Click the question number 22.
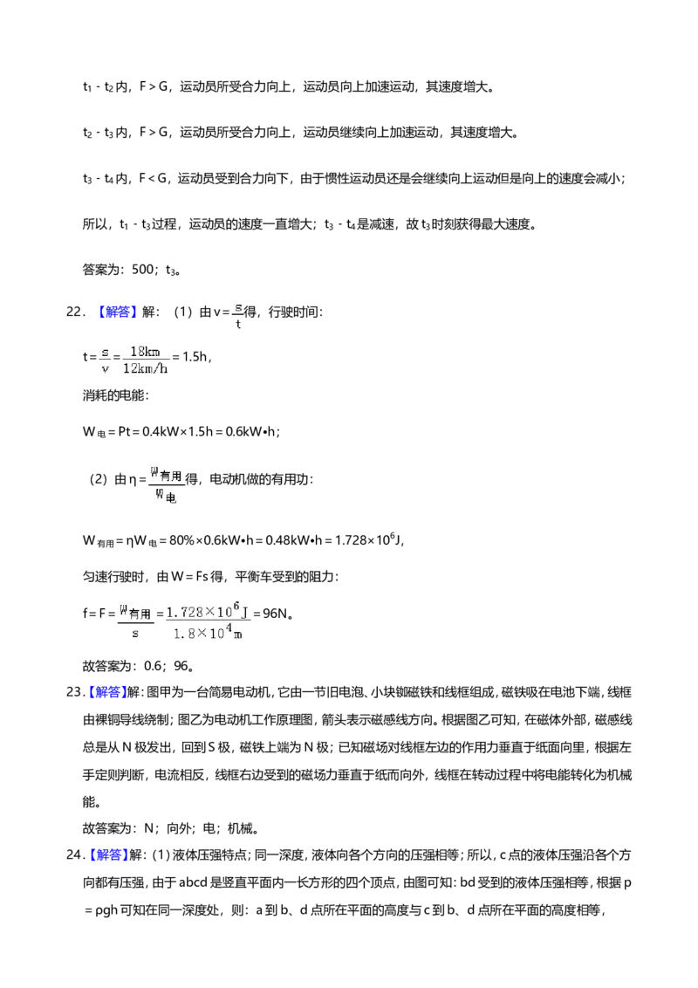coord(75,312)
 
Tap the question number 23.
coord(75,692)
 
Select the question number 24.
coord(75,855)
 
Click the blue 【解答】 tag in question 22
coord(115,312)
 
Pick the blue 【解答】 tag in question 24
coord(106,855)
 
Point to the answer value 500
coord(142,270)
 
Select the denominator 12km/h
coord(146,368)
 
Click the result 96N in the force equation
coord(277,613)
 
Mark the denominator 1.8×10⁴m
coord(208,632)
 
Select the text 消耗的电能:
coord(116,395)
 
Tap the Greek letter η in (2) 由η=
coord(133,480)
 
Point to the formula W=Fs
coord(189,577)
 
